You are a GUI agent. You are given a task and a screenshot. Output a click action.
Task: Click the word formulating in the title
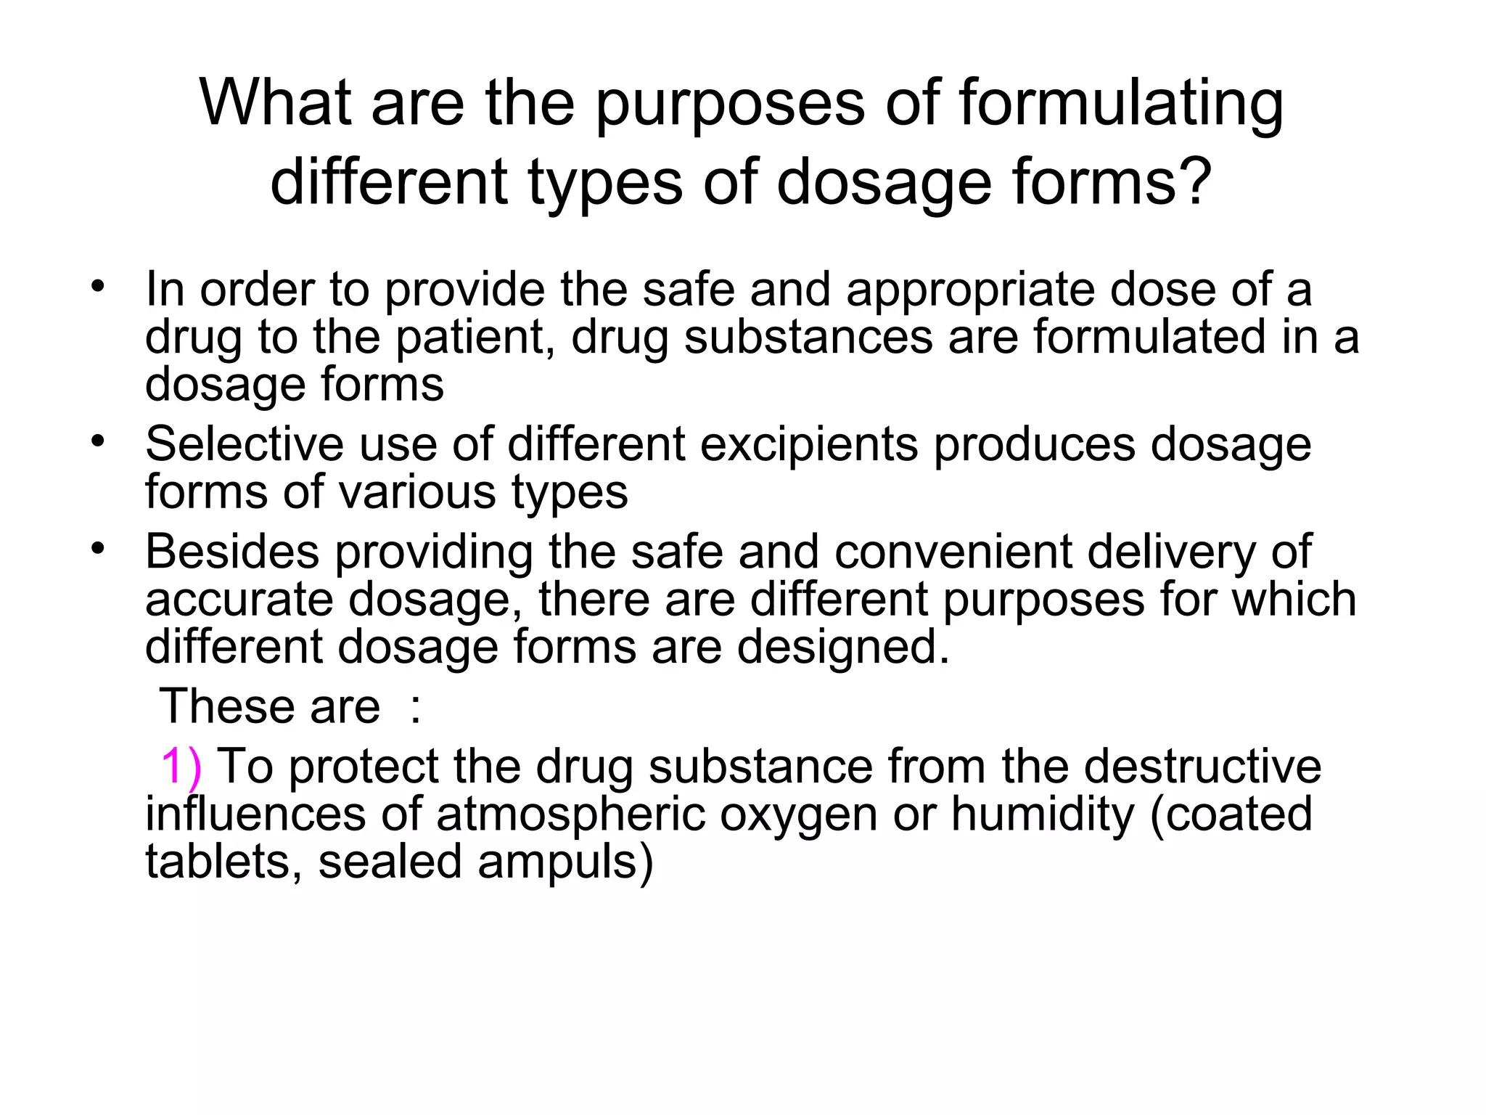pyautogui.click(x=1121, y=103)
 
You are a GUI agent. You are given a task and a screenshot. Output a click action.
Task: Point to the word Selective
pyautogui.click(x=245, y=444)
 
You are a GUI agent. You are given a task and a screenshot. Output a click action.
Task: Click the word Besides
pyautogui.click(x=231, y=552)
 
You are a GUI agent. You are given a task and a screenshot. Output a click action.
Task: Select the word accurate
pyautogui.click(x=239, y=600)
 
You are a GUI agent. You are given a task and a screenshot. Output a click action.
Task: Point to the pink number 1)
pyautogui.click(x=181, y=767)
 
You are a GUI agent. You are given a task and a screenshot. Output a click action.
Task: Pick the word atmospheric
pyautogui.click(x=571, y=815)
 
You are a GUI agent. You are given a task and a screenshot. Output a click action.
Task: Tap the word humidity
pyautogui.click(x=1043, y=814)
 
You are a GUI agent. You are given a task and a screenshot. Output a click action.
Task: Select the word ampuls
pyautogui.click(x=558, y=862)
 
